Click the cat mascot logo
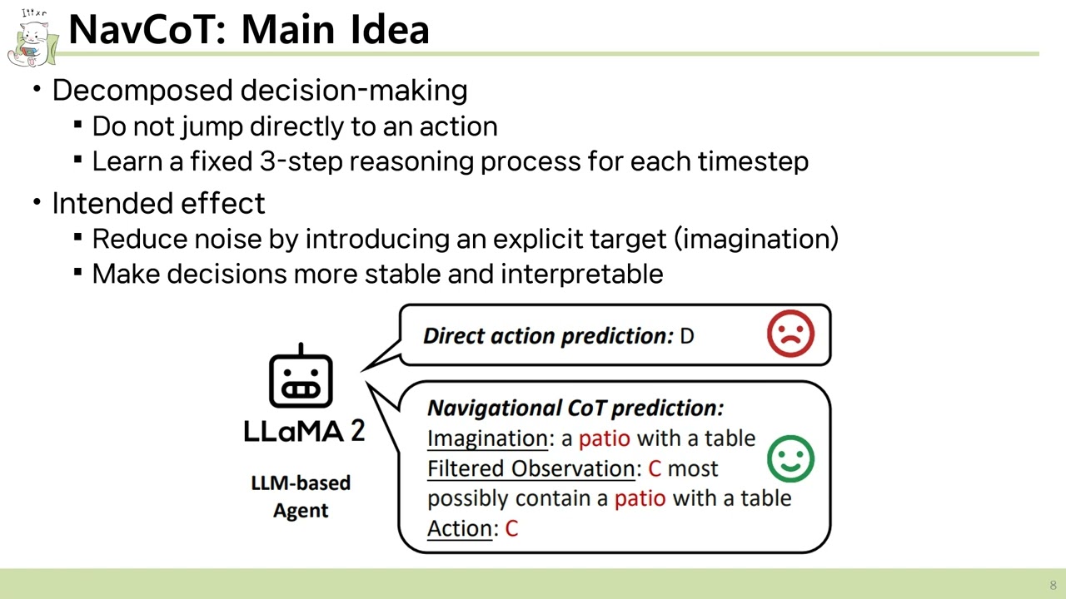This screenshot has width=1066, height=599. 32,38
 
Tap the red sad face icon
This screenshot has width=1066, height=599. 790,334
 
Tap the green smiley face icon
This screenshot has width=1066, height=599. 790,458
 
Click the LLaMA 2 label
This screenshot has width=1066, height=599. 303,429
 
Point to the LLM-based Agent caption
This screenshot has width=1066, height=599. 301,497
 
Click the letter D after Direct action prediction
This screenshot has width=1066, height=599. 687,336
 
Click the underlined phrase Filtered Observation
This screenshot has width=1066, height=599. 531,468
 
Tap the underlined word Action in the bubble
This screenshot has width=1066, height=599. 460,528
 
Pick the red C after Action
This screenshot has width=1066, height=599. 511,528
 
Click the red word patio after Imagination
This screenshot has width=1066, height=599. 605,438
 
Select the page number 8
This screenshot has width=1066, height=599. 1053,585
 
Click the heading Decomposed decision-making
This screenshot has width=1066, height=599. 259,90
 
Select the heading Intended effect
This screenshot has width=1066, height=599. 158,203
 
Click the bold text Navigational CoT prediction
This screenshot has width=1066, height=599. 575,408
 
